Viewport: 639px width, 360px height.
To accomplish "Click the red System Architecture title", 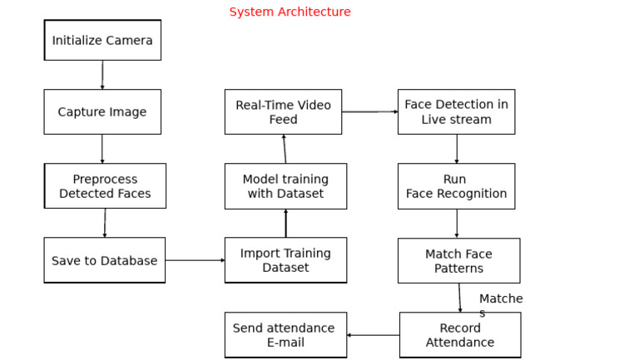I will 290,12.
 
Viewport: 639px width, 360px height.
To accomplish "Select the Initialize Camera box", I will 102,41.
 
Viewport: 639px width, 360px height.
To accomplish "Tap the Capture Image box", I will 102,112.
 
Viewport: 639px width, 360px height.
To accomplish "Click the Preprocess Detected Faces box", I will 105,186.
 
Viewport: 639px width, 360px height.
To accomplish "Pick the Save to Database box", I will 104,260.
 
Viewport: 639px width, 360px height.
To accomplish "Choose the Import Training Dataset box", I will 285,260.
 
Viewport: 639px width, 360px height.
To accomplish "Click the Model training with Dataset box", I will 285,186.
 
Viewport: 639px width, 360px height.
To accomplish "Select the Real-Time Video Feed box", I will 283,112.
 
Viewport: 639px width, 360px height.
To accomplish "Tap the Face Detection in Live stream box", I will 456,112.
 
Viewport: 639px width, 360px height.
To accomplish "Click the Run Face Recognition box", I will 456,186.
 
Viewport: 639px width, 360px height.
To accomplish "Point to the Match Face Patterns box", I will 458,261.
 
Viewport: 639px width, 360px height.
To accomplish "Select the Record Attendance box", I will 460,335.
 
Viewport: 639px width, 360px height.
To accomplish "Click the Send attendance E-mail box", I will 285,335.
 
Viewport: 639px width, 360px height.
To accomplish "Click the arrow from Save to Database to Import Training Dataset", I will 195,260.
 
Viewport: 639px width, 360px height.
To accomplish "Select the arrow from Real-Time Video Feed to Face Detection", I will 369,111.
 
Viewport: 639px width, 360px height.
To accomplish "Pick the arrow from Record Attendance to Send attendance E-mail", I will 373,335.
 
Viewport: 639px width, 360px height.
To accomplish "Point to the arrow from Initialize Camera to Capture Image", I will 102,75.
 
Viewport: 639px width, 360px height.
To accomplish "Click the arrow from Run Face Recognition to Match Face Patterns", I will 456,224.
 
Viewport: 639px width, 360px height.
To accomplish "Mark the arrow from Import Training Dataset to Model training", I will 285,223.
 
